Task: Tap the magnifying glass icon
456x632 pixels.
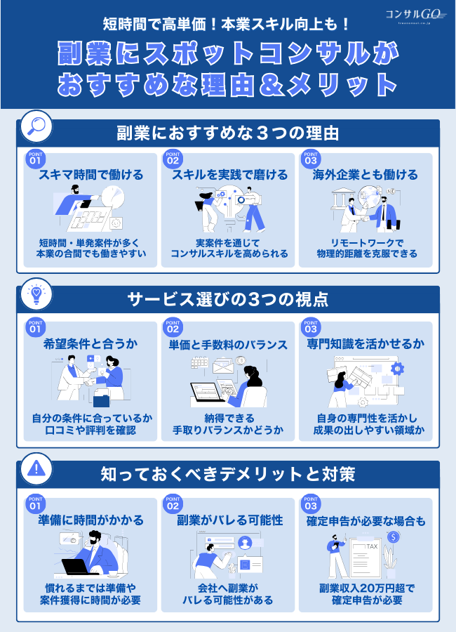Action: (34, 126)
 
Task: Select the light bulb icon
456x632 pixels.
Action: (34, 294)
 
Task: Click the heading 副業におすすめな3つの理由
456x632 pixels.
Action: (227, 133)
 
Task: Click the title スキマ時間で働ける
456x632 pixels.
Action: (91, 175)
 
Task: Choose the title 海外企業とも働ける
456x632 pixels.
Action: (366, 175)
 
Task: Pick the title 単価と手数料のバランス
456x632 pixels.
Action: (229, 345)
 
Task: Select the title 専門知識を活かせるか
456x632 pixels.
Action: (366, 345)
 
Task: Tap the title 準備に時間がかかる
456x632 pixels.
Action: (91, 520)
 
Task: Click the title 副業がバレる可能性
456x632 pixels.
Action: (229, 520)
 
